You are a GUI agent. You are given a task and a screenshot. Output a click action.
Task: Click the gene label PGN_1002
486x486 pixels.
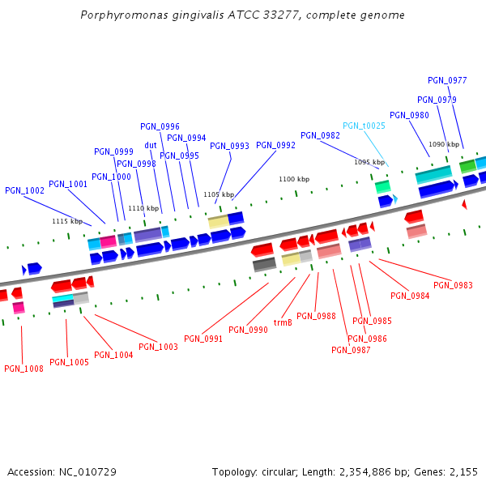pos(24,190)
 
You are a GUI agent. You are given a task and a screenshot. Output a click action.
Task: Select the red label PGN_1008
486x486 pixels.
pos(23,369)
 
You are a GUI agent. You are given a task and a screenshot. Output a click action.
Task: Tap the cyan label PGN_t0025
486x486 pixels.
pos(364,126)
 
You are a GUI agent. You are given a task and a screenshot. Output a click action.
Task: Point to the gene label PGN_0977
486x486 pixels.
pos(447,80)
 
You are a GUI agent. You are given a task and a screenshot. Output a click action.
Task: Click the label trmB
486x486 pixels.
pos(283,322)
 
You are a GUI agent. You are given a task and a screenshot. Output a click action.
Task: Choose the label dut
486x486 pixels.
pos(151,146)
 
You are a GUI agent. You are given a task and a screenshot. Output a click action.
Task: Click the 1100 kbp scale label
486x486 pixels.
pos(294,179)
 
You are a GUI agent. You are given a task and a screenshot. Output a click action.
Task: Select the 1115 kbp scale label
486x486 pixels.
pos(67,221)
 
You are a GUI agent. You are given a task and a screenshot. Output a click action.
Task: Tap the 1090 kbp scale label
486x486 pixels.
pos(444,144)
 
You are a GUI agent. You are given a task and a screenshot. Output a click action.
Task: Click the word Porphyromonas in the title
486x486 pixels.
pos(121,15)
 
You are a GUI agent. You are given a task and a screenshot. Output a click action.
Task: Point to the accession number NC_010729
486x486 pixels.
pos(87,471)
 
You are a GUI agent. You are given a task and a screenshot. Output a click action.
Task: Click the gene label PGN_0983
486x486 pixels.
pos(453,285)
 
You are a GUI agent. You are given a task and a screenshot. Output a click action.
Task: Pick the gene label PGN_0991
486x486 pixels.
pos(203,339)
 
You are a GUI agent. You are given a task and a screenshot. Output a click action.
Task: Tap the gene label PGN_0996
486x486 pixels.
pos(160,126)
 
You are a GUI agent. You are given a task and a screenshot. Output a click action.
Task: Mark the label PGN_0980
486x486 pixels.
pos(409,115)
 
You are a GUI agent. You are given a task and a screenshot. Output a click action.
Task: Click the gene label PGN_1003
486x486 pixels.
pos(158,347)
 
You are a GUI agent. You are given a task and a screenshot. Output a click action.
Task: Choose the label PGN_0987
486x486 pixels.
pos(351,350)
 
